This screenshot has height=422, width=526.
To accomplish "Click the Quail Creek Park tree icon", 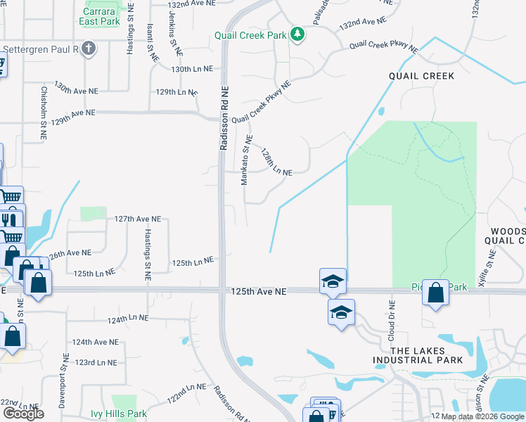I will tap(297, 34).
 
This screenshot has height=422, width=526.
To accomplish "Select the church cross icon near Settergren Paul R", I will tap(87, 49).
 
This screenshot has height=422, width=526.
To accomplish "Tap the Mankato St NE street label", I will tap(245, 161).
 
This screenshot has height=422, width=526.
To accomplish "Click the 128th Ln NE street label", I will tap(276, 162).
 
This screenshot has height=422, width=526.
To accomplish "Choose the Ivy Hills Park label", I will tap(118, 414).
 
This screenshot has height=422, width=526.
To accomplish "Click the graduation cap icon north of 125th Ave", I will tap(333, 281).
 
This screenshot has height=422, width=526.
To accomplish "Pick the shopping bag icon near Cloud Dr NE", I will tap(436, 292).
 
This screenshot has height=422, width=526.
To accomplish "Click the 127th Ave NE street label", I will tap(138, 219).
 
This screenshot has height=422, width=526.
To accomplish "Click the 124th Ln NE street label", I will tap(128, 319).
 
